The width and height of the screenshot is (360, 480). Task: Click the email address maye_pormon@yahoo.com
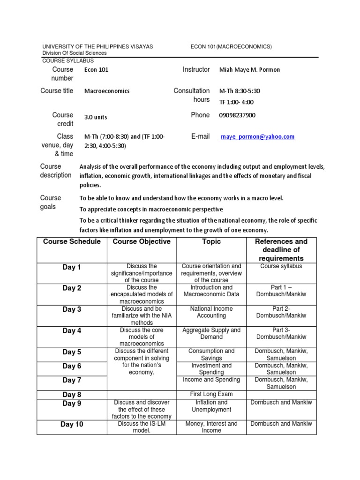tap(258, 137)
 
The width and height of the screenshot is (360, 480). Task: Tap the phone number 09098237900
tap(237, 115)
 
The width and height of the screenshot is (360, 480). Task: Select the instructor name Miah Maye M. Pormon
tap(249, 70)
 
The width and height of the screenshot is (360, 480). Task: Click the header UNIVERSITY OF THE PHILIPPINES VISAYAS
tap(97, 46)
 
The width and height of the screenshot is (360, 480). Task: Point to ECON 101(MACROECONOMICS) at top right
tap(231, 46)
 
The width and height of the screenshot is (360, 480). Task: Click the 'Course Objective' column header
tap(141, 242)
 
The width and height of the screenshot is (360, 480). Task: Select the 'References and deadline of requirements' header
tap(281, 250)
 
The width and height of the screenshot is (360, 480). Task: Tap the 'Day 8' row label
tap(72, 395)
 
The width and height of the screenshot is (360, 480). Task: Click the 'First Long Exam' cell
tap(211, 394)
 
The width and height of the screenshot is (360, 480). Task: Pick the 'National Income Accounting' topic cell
tap(211, 312)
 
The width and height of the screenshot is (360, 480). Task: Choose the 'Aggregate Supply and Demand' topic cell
tap(211, 333)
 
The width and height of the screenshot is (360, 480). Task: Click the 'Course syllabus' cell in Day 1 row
tap(281, 266)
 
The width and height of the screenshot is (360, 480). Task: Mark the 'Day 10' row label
tap(72, 425)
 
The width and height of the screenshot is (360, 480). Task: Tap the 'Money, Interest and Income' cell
tap(211, 427)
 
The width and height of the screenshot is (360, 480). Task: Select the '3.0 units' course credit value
tap(96, 118)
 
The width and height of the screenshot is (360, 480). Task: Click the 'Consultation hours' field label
tap(192, 95)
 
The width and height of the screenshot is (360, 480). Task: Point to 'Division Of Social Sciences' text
tap(74, 53)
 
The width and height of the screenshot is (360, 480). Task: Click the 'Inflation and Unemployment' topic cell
tap(211, 406)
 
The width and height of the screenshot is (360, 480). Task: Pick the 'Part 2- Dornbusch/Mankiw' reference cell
tap(281, 312)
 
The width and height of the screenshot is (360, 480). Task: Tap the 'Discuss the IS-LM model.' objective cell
tap(141, 427)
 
